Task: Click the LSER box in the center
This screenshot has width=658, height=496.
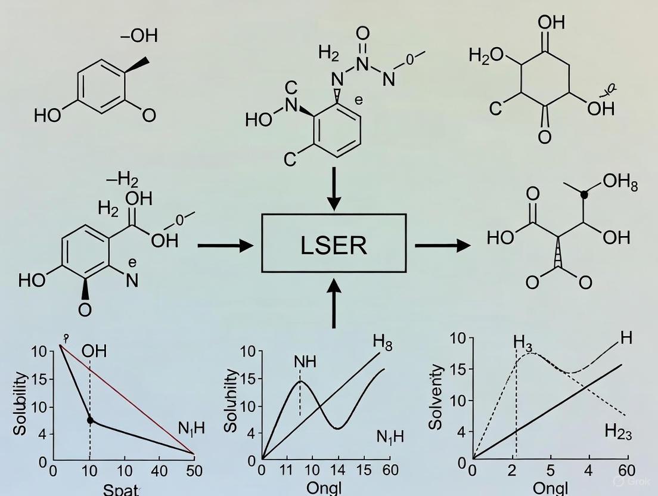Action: (334, 243)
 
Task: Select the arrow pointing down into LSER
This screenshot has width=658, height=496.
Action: (334, 188)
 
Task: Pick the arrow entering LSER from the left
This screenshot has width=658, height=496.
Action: (225, 245)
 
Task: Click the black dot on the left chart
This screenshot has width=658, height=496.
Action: (90, 420)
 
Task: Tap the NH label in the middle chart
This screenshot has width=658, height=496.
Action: (305, 362)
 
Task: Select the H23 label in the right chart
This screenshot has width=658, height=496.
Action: (618, 431)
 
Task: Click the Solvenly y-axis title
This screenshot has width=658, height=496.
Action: (436, 396)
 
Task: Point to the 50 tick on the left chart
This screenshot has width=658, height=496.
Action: (194, 471)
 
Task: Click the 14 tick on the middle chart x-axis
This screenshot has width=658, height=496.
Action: (338, 470)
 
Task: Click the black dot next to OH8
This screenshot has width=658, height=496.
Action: (584, 194)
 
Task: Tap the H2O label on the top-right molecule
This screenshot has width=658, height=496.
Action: (486, 56)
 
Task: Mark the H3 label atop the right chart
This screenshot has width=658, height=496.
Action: (522, 342)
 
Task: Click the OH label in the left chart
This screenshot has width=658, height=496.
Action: (94, 351)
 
